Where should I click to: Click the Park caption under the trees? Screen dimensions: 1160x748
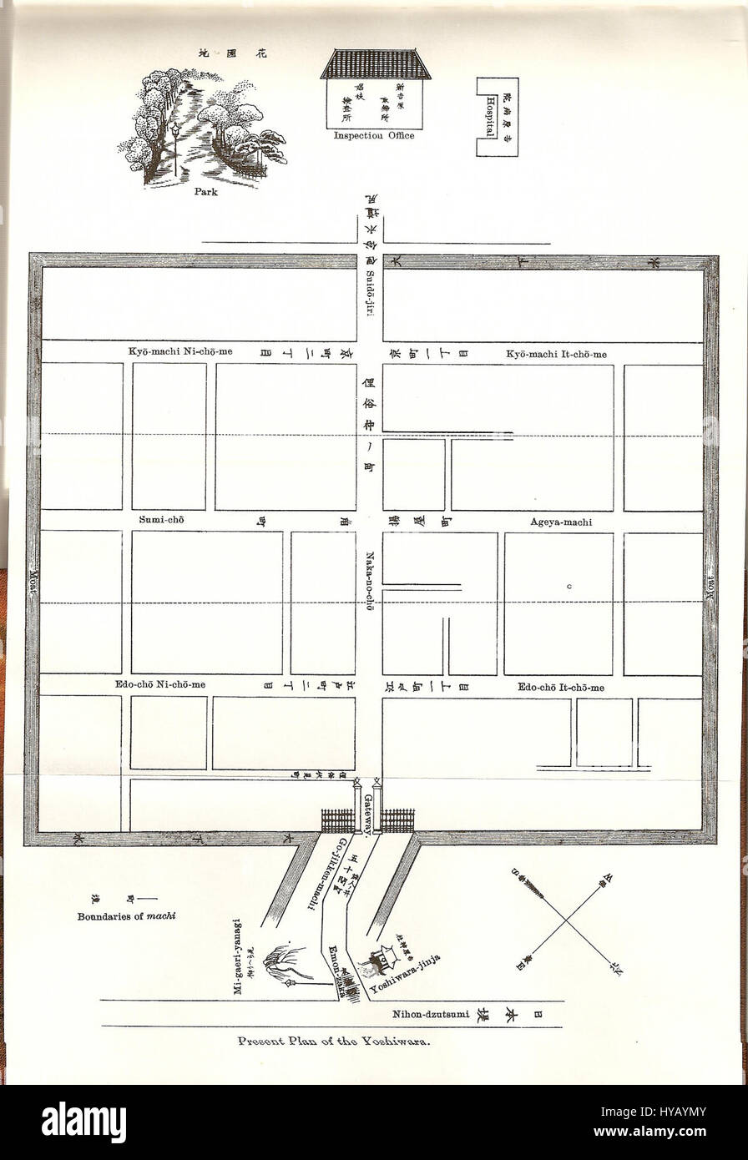pyautogui.click(x=205, y=191)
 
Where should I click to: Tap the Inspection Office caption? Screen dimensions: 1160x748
pyautogui.click(x=373, y=135)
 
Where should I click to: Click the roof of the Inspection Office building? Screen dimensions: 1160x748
pyautogui.click(x=376, y=64)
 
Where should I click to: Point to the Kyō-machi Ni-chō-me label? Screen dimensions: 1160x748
pyautogui.click(x=180, y=352)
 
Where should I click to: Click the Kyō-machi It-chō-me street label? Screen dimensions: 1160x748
pyautogui.click(x=556, y=354)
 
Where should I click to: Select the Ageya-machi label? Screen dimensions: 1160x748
pyautogui.click(x=560, y=522)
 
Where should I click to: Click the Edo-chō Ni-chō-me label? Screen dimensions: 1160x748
pyautogui.click(x=160, y=685)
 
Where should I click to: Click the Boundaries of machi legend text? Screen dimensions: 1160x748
pyautogui.click(x=124, y=915)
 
